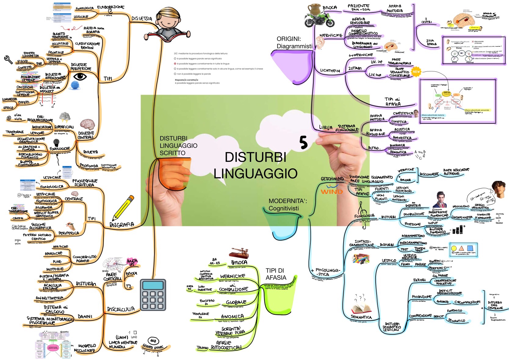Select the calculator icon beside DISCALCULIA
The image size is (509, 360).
coord(153,295)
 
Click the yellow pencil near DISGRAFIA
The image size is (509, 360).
coord(123,208)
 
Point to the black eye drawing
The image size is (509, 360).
coord(80,76)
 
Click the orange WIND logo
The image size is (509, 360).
coord(332,191)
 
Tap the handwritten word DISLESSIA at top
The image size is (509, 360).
coord(142,19)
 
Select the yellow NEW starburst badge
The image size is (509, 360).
coord(416,72)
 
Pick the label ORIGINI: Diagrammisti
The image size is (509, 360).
coord(294,42)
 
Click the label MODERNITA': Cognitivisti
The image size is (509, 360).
coord(287,205)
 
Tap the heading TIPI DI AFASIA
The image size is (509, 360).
coord(276,274)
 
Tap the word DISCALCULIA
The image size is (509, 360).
coord(121,309)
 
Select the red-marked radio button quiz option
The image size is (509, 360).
coord(175,64)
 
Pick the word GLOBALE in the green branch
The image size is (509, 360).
coord(236,302)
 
